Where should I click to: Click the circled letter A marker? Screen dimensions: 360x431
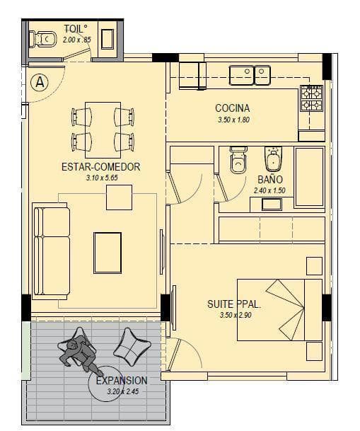tap(40, 82)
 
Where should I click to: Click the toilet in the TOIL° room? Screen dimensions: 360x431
tap(43, 39)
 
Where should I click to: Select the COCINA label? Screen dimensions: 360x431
tap(232, 108)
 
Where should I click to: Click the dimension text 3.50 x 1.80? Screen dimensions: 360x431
tap(233, 120)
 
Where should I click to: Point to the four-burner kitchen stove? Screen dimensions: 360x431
tap(311, 98)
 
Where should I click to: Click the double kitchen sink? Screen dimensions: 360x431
tap(250, 75)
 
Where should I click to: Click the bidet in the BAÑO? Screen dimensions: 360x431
tap(273, 159)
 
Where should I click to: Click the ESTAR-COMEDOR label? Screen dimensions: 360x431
tap(100, 167)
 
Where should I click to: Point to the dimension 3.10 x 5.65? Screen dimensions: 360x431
tap(102, 178)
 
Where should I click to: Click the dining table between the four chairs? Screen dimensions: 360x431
tap(103, 130)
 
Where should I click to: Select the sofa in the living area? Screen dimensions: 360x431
tap(50, 251)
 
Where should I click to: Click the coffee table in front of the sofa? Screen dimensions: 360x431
tap(108, 253)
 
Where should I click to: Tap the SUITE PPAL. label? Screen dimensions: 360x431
tap(234, 304)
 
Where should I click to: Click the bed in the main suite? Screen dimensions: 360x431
tap(279, 310)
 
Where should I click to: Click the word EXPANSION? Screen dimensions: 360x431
tap(122, 381)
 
